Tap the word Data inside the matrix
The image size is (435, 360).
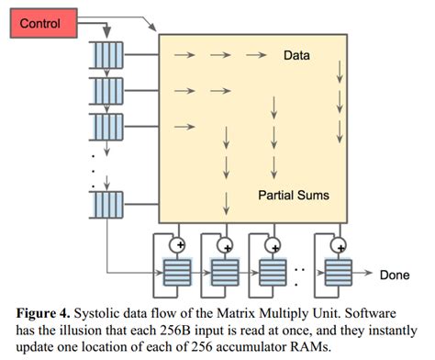coord(296,55)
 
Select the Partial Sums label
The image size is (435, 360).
coord(293,196)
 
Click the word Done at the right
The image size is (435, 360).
coord(396,274)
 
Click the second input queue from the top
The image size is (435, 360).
coord(106,90)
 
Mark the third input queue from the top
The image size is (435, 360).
coord(106,125)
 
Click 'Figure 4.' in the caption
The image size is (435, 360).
coord(47,311)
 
